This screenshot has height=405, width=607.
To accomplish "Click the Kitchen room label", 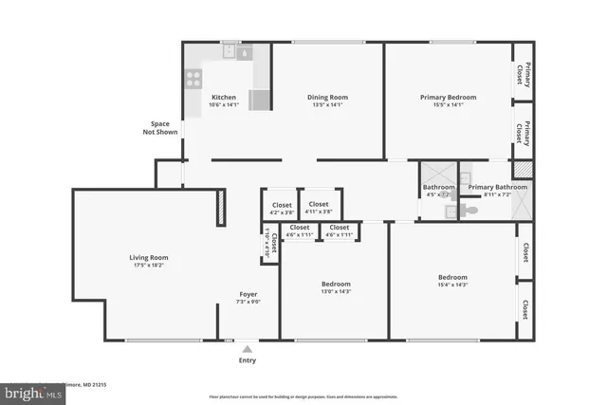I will [224, 97].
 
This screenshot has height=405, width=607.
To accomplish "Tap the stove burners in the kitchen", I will [193, 78].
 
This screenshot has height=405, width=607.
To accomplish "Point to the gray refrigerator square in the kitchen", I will [258, 100].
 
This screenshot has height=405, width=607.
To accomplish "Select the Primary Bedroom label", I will [448, 97].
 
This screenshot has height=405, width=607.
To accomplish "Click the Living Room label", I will [149, 257].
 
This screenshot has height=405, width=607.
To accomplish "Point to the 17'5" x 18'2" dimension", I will [149, 266].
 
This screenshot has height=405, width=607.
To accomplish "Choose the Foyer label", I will [248, 294].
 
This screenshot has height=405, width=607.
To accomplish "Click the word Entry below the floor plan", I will [247, 360].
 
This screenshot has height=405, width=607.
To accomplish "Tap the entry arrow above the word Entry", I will [247, 348].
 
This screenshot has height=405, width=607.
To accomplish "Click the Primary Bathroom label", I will [497, 187].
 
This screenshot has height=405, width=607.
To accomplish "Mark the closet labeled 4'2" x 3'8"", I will [282, 209].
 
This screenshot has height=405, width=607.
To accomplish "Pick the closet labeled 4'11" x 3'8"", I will [319, 208].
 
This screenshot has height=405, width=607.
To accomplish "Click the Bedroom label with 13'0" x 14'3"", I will [336, 284].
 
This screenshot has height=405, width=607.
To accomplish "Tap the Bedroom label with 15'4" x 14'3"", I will [451, 277].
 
